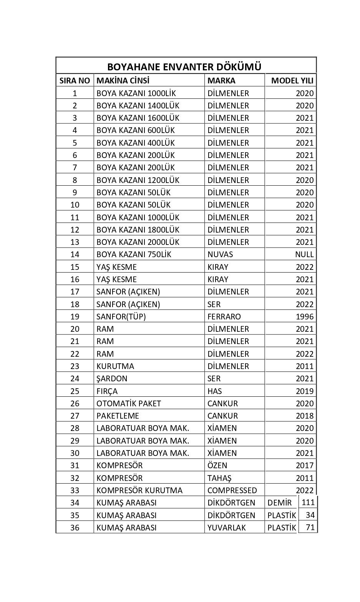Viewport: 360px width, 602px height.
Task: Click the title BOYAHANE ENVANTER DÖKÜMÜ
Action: tap(184, 67)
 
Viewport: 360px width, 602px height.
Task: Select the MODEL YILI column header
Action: tap(292, 81)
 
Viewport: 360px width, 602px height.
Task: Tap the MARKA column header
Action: tap(221, 81)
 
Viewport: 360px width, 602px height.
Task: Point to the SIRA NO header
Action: tap(75, 81)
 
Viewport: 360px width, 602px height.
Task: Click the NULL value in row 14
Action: tap(304, 254)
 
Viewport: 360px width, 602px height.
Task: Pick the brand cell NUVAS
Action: tap(220, 254)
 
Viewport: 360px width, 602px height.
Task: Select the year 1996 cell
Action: tap(305, 317)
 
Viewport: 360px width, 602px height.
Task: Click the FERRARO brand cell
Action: tap(224, 317)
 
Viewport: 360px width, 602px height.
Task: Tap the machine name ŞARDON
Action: tap(112, 379)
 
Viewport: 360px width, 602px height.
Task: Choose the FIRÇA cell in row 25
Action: tap(107, 391)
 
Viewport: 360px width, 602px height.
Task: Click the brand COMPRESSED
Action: tap(232, 491)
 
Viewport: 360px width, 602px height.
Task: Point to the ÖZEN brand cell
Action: tap(217, 466)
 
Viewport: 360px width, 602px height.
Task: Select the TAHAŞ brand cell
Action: tap(219, 478)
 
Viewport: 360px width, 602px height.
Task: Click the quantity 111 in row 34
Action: tap(308, 502)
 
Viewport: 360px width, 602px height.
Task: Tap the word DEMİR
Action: tap(280, 503)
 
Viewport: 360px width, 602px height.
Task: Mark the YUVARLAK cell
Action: tap(226, 528)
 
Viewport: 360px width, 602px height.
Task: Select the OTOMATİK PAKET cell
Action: tap(129, 404)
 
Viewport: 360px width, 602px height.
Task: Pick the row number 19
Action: tap(75, 317)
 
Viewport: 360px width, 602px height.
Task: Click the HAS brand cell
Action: tap(214, 391)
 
